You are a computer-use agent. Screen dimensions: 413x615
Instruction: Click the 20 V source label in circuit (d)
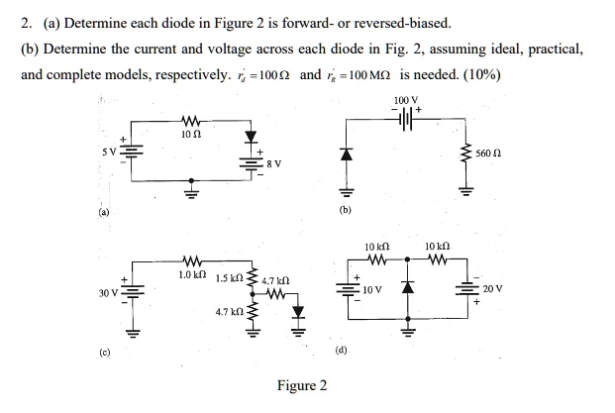pos(492,289)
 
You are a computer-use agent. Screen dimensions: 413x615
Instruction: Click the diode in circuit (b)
pos(346,155)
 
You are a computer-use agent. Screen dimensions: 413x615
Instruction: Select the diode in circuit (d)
pos(405,289)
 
